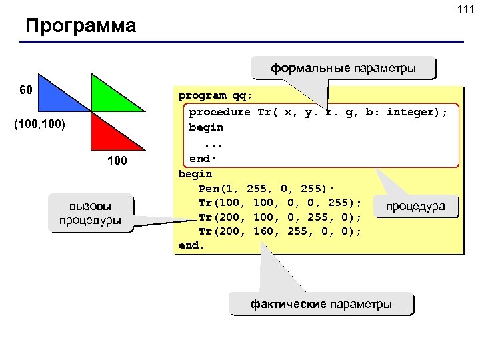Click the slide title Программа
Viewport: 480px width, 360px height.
click(80, 26)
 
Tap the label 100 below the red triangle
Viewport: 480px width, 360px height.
click(118, 163)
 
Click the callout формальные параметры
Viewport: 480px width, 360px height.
click(343, 68)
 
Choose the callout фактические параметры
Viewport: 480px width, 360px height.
click(321, 304)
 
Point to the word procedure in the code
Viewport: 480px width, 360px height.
click(219, 111)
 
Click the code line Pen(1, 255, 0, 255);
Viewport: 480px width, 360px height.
click(266, 188)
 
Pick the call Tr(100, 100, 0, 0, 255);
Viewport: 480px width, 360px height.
click(280, 202)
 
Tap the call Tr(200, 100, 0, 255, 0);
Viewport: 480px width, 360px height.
click(280, 217)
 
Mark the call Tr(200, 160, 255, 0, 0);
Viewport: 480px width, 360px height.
click(280, 231)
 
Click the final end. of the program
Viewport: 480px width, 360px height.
click(193, 245)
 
